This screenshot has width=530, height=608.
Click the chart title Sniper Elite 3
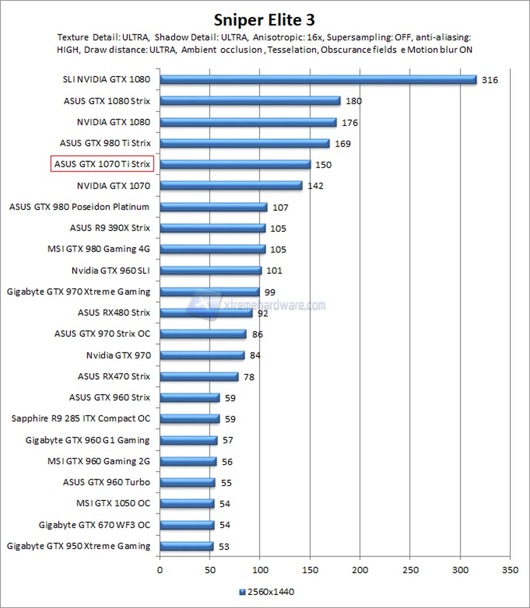click(264, 20)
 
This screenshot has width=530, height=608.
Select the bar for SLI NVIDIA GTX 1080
click(318, 79)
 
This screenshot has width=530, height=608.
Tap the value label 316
click(490, 80)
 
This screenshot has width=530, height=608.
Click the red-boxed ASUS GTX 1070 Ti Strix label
click(103, 164)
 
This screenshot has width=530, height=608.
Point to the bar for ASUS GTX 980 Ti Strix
click(244, 143)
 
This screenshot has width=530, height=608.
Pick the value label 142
click(315, 186)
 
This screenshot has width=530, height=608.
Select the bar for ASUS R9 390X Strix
click(212, 228)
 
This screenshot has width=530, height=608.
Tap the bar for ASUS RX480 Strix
click(206, 312)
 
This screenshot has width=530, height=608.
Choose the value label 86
click(257, 334)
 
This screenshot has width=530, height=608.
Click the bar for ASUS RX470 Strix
click(199, 376)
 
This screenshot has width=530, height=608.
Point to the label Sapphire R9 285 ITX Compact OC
click(81, 419)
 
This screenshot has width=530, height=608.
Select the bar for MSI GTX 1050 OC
click(187, 503)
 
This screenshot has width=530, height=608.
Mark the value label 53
click(224, 547)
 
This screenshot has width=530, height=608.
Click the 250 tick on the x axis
click(410, 569)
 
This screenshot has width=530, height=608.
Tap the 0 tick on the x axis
click(160, 569)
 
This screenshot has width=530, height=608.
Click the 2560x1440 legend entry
click(267, 592)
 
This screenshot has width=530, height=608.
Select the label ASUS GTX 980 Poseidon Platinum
click(79, 207)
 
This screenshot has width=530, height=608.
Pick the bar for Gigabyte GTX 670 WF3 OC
click(187, 525)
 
